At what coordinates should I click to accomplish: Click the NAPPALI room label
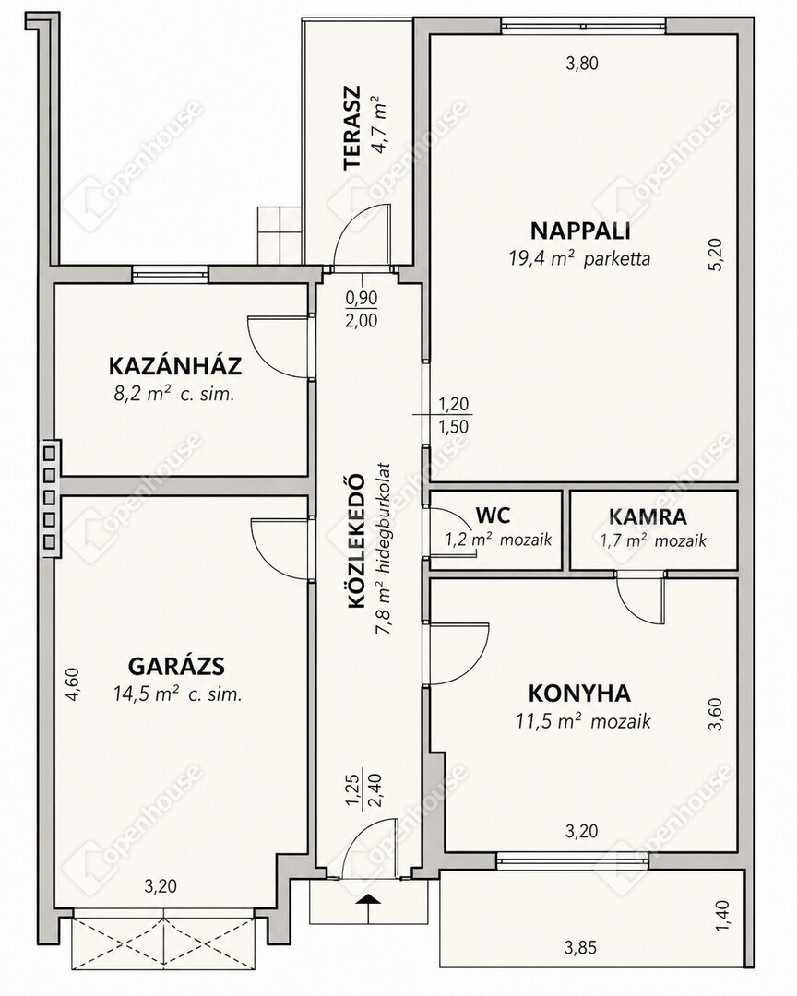(580, 230)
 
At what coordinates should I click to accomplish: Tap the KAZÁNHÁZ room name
(175, 366)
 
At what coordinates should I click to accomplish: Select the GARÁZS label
(177, 667)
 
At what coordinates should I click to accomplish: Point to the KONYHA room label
(579, 693)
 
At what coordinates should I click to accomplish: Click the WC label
(493, 515)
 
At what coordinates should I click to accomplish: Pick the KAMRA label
(648, 516)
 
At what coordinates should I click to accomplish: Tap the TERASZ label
(351, 127)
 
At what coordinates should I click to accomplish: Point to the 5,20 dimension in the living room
(716, 255)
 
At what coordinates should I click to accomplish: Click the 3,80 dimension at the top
(582, 63)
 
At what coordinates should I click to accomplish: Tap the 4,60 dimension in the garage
(73, 683)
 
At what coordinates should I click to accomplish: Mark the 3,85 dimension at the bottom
(580, 948)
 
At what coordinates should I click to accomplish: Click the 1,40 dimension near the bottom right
(724, 918)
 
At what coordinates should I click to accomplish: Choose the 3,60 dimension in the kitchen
(716, 714)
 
